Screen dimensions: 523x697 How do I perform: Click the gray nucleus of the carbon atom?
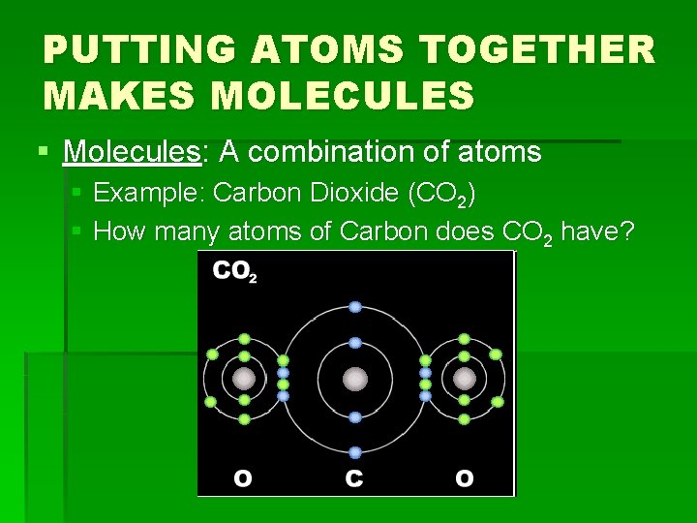pos(355,378)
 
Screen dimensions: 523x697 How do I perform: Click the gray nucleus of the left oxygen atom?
pos(244,378)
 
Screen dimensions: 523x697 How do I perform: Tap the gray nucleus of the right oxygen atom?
pos(465,378)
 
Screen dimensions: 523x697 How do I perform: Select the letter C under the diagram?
pos(355,478)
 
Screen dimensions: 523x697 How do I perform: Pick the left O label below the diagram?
pos(244,478)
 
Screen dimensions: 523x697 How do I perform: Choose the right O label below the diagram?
pos(465,478)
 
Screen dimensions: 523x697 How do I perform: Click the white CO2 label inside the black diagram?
pos(234,273)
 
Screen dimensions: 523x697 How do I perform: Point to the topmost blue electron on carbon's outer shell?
pos(355,307)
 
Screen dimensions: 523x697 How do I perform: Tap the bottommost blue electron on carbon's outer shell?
pos(355,452)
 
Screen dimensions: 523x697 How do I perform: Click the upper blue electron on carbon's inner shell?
pos(355,343)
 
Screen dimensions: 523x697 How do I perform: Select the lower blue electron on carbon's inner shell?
pos(355,417)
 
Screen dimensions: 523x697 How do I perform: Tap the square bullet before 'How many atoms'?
pos(77,231)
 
